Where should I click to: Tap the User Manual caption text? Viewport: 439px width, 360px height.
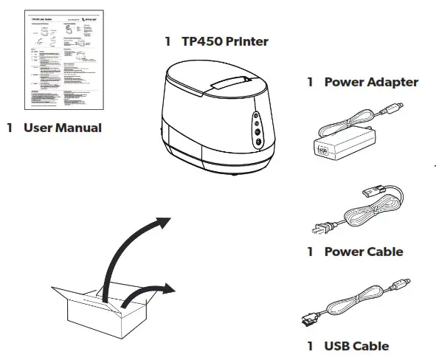(x=62, y=128)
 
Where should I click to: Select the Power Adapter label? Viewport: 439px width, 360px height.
(x=371, y=82)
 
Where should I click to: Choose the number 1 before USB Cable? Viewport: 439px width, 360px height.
(x=311, y=345)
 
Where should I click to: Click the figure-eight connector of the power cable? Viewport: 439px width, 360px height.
(x=368, y=195)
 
